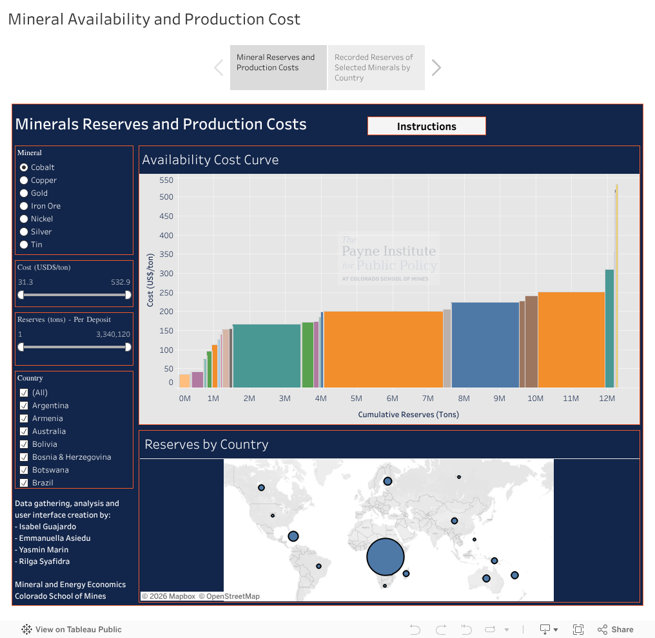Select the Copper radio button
coord(24,180)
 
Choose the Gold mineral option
coord(24,193)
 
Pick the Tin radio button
coord(24,245)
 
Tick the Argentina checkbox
coord(24,406)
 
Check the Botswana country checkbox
coord(24,470)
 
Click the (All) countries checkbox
coord(24,393)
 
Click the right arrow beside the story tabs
coord(436,68)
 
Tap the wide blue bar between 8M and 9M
coord(485,344)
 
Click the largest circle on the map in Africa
coord(386,558)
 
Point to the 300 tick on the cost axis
coord(166,274)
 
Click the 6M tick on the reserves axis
coord(392,399)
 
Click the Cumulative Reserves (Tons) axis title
coord(408,415)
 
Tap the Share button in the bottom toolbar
coord(616,630)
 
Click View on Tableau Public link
coord(72,630)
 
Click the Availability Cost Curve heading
coord(211,160)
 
